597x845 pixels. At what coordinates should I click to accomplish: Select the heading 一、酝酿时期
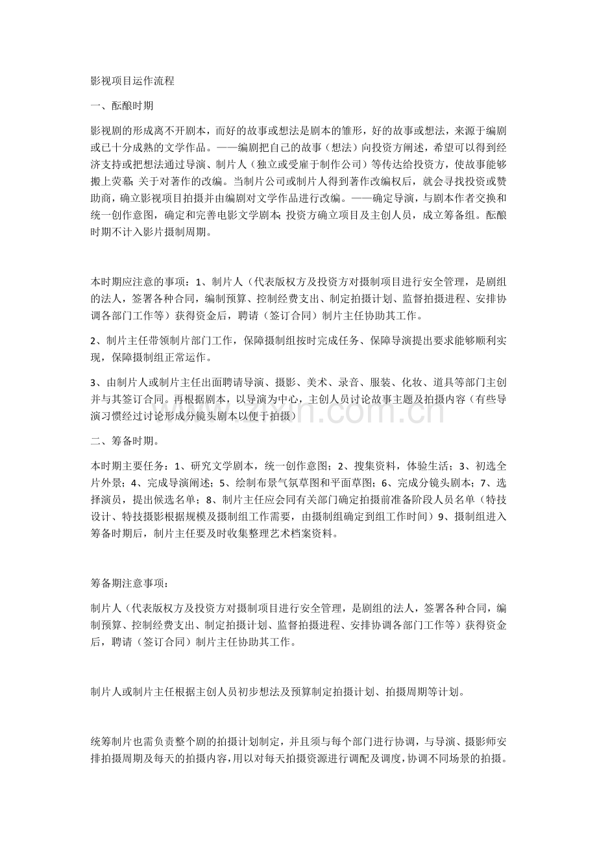click(123, 104)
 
